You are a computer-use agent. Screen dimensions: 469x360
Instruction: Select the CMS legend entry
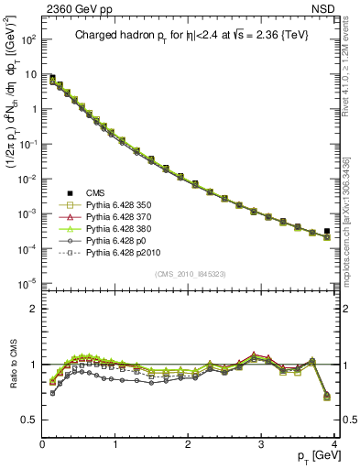point(97,193)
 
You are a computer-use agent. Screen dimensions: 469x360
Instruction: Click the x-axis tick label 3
point(262,445)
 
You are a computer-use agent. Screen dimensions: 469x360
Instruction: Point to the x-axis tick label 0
point(42,445)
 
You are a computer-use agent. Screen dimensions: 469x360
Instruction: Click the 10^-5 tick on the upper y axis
point(27,282)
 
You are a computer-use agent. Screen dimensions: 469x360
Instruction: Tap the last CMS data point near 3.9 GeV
point(327,231)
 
